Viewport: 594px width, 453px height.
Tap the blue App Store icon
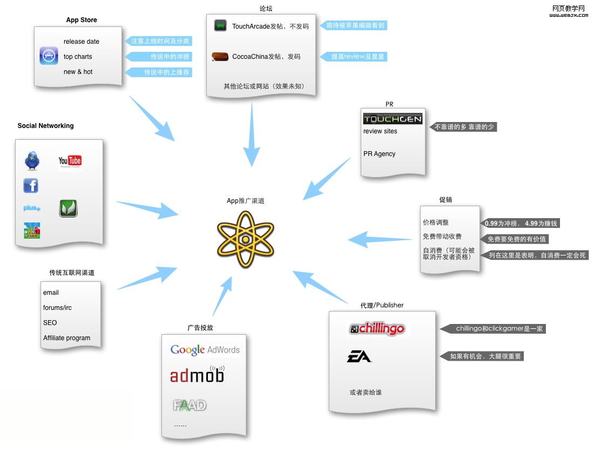click(49, 56)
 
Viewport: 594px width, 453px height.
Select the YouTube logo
click(70, 161)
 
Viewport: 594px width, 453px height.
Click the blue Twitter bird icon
click(32, 160)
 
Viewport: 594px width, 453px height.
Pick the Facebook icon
click(31, 186)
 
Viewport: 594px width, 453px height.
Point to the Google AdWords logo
click(205, 350)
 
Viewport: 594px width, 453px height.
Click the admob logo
click(197, 375)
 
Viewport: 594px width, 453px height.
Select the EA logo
click(359, 356)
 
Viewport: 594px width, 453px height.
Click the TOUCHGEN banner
click(393, 119)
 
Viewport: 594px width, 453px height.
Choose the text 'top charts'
click(78, 57)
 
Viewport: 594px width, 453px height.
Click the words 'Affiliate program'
click(66, 338)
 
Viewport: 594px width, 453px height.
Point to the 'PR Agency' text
click(379, 154)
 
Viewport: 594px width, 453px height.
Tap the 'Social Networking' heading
click(45, 126)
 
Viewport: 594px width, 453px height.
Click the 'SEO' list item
click(50, 323)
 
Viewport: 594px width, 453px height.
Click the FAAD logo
click(190, 405)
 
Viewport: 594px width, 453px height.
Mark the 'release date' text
click(81, 42)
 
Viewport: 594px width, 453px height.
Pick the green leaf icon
click(68, 208)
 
